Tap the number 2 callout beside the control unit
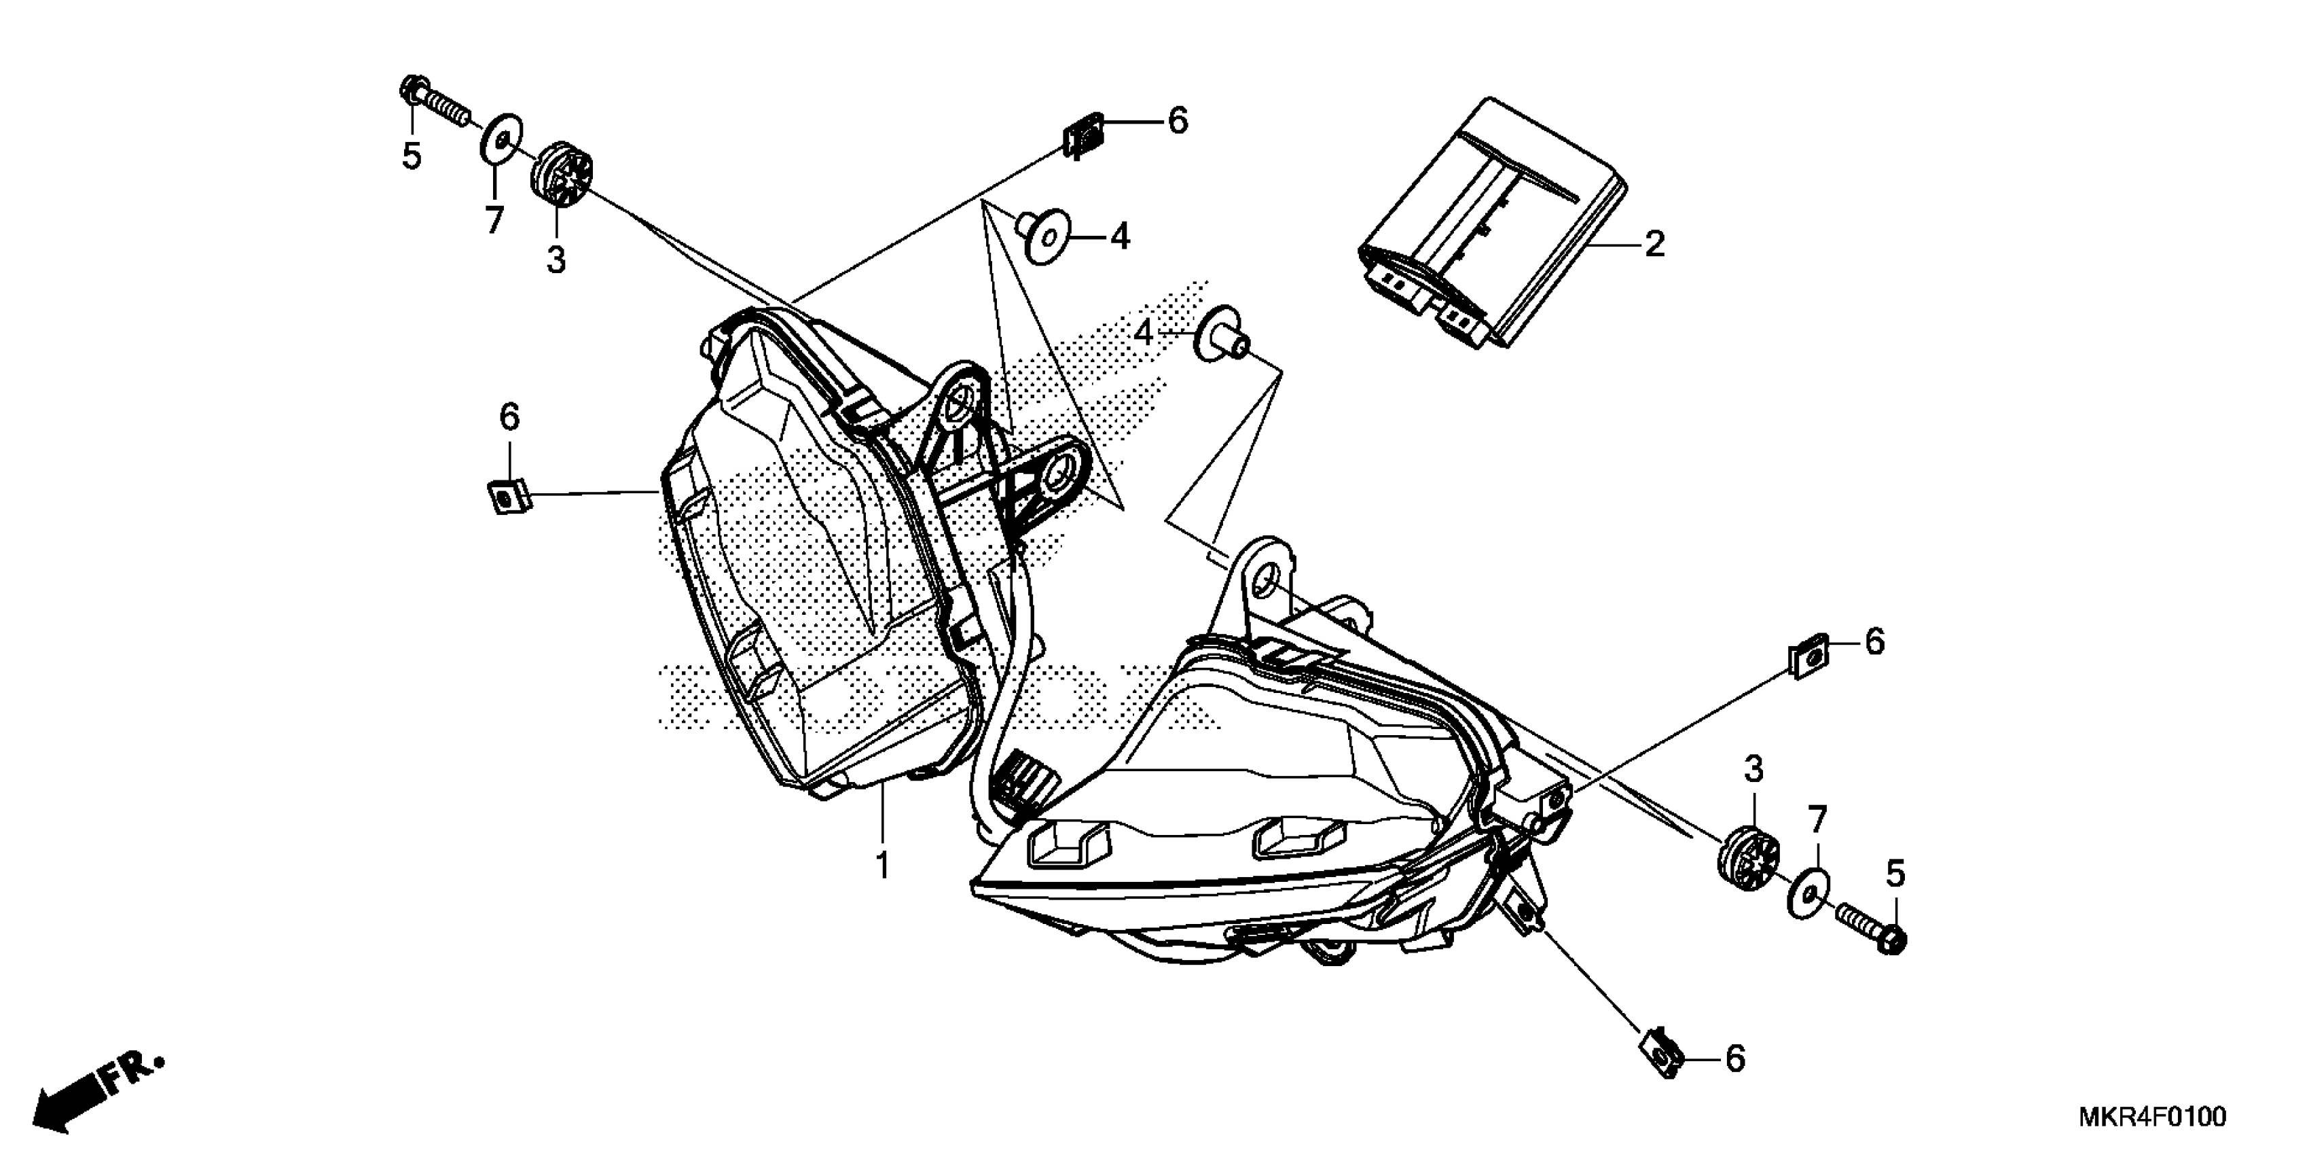click(x=1654, y=244)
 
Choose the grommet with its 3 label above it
click(x=1746, y=859)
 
